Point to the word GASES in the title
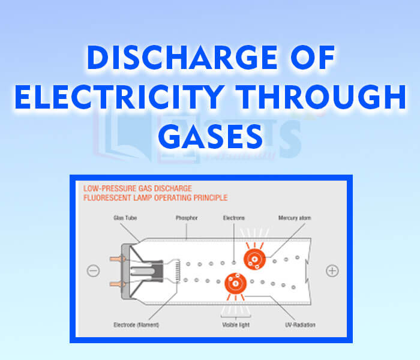(x=210, y=137)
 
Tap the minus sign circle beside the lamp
(x=93, y=271)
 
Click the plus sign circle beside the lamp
(x=332, y=271)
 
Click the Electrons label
(x=233, y=218)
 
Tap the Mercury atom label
(x=295, y=218)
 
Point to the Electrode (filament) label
(x=134, y=325)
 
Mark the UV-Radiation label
(x=300, y=325)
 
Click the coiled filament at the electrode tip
(x=177, y=271)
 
